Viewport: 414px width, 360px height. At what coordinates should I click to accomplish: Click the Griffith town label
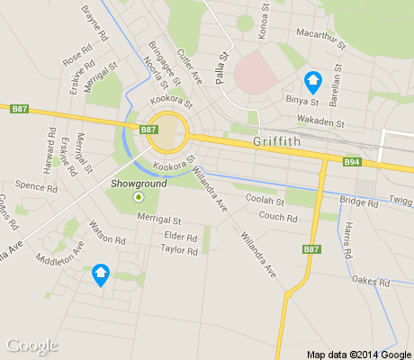coord(279,140)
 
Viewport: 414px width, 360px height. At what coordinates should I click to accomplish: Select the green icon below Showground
coord(138,197)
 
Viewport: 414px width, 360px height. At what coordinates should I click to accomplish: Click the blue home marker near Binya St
coord(313,82)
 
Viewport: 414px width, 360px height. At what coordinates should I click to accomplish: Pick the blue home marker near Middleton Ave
coord(101,274)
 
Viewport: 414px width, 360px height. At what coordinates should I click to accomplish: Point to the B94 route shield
coord(353,163)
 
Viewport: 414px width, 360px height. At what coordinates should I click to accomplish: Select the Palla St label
coord(220,68)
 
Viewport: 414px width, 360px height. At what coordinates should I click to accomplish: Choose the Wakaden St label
coord(324,121)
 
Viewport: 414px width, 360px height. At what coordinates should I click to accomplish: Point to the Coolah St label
coord(265,202)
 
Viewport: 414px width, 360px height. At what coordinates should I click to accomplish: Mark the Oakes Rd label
coord(371,282)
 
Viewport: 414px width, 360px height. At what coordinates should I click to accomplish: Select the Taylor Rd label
coord(178,251)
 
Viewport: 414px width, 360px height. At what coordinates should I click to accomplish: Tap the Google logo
coord(31,346)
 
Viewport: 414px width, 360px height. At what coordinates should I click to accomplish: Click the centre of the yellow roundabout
coord(167,134)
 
